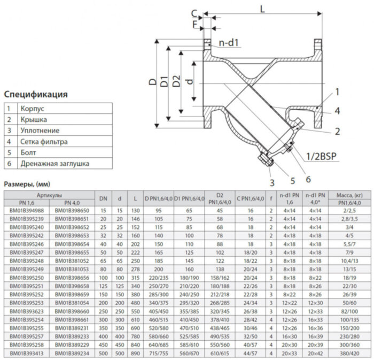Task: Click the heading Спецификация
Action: click(x=36, y=95)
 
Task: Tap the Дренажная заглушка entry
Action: click(x=55, y=164)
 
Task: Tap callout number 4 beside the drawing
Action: click(x=337, y=111)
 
